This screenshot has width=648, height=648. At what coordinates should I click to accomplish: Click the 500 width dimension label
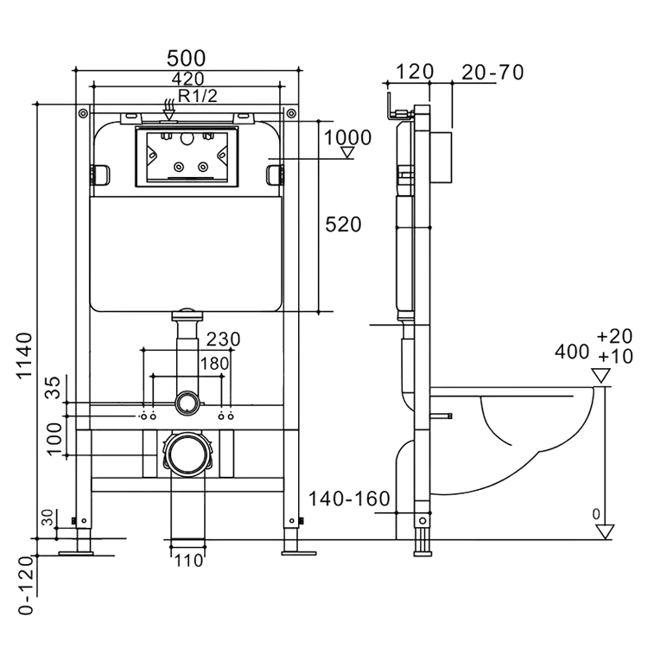(x=187, y=58)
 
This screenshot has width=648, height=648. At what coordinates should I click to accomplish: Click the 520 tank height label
(x=342, y=225)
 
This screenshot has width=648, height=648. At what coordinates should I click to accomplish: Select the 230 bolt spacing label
(x=223, y=339)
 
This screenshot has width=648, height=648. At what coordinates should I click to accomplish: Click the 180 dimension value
(x=215, y=363)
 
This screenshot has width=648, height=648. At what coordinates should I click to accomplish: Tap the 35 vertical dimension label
(x=52, y=389)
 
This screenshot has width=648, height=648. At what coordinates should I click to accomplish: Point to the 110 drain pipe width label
(x=189, y=562)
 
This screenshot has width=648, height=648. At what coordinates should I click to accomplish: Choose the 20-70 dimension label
(x=492, y=72)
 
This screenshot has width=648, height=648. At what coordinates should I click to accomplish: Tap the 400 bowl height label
(x=571, y=352)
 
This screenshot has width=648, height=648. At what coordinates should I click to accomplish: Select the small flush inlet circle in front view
(x=186, y=402)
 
